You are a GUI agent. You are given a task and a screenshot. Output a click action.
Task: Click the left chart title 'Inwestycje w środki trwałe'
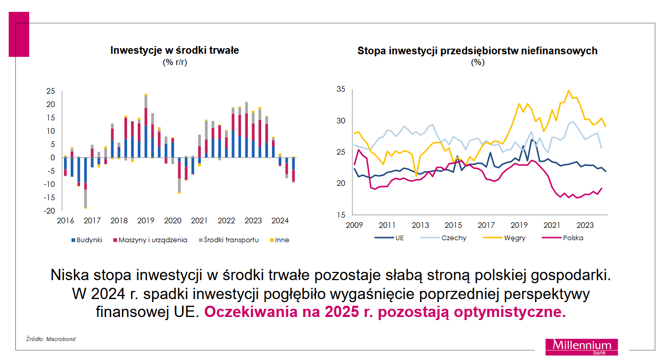coord(175,50)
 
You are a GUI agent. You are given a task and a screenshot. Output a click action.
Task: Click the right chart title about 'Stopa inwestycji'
coord(477,51)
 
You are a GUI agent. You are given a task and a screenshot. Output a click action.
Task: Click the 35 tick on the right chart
coord(341,90)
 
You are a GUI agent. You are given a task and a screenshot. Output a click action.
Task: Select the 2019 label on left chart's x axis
coord(146,221)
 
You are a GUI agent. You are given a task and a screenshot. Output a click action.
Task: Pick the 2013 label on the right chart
coord(421,225)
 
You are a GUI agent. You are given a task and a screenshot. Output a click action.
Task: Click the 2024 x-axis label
coord(280,221)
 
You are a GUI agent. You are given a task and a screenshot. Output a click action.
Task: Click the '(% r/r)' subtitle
coord(175,62)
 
